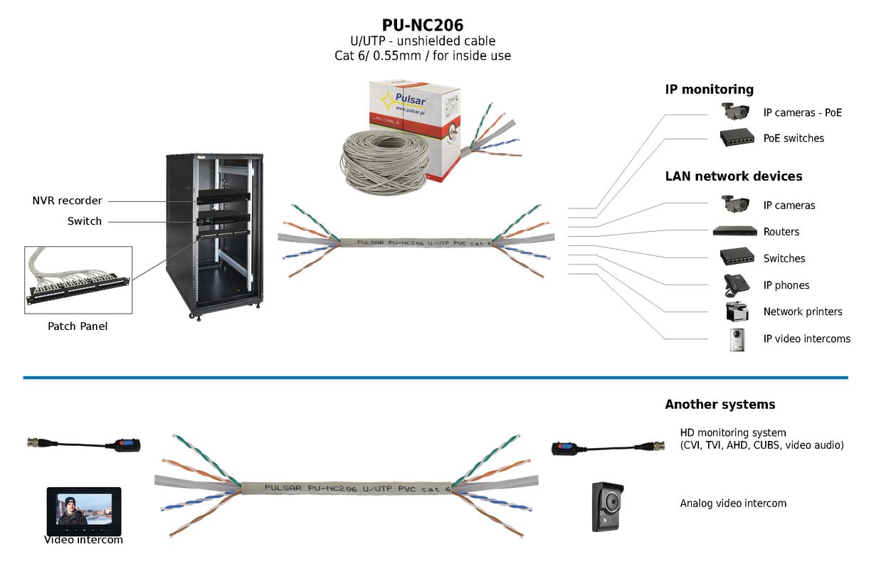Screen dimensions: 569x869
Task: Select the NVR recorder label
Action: [x=67, y=201]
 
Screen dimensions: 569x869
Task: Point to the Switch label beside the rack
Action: [x=85, y=221]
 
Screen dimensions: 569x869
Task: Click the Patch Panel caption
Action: [x=78, y=326]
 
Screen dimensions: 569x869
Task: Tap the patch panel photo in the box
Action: [x=78, y=280]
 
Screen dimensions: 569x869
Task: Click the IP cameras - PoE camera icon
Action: [x=736, y=111]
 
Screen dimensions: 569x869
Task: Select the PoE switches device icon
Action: [x=737, y=138]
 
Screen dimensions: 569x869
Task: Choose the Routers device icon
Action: [x=735, y=231]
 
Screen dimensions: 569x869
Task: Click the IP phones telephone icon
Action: [x=736, y=284]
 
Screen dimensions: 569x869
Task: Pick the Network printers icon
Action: [x=737, y=312]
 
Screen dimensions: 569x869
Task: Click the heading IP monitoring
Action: [x=709, y=90]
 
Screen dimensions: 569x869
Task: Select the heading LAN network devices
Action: [x=733, y=176]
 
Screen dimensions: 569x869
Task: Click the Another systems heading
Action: [x=720, y=405]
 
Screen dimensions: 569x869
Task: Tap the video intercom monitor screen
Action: [x=84, y=511]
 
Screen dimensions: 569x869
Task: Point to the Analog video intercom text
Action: [x=733, y=504]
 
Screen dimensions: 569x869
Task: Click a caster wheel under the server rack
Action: [x=191, y=314]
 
